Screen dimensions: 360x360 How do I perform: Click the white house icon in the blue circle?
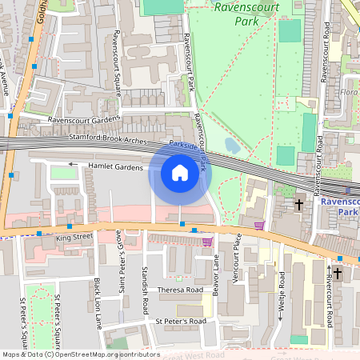180,173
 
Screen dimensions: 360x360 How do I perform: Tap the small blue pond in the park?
231,146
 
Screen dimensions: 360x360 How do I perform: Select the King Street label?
74,238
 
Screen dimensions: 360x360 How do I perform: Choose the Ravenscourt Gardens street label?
84,120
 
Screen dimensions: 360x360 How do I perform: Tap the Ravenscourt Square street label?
117,58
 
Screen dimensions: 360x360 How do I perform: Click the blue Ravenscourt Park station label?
337,207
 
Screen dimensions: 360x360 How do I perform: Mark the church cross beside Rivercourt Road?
337,274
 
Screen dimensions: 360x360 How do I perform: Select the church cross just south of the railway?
299,205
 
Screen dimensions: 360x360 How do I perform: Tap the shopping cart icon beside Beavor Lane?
208,242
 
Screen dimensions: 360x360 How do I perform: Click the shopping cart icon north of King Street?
259,226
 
